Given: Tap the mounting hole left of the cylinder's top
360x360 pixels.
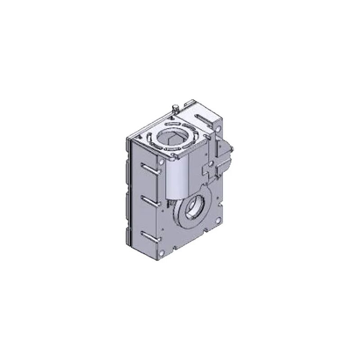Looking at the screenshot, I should tap(161, 161).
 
